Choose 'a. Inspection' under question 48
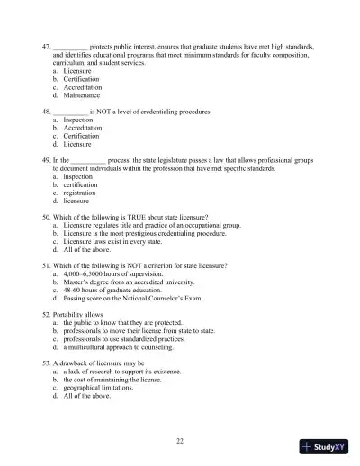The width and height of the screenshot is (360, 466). coord(79,119)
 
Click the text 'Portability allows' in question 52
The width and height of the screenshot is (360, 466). coord(81,315)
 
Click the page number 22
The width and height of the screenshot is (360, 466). coord(180,440)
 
